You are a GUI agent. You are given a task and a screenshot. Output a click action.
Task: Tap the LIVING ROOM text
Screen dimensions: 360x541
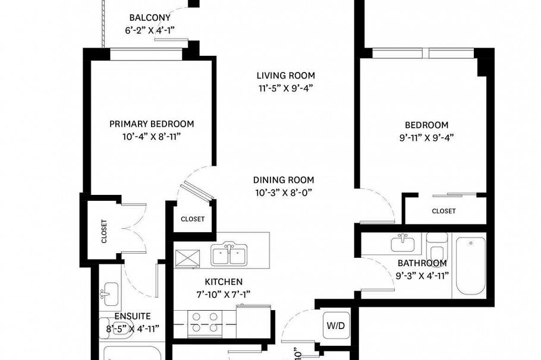(285, 75)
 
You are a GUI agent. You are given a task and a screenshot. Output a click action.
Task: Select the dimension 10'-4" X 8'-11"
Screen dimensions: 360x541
(151, 136)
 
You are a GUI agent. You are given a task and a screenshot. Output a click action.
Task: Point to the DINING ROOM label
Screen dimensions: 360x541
(284, 180)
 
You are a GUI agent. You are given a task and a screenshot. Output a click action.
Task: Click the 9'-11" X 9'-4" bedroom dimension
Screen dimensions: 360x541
(426, 137)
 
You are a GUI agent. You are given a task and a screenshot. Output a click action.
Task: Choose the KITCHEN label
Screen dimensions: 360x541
(224, 282)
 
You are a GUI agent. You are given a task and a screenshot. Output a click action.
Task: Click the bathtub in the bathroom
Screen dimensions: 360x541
(470, 267)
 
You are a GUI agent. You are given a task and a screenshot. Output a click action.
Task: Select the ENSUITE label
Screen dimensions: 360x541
(133, 316)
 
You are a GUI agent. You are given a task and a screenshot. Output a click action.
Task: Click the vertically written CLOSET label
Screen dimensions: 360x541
(104, 230)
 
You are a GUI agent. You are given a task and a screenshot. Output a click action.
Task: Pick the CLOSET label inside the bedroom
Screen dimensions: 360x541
(444, 211)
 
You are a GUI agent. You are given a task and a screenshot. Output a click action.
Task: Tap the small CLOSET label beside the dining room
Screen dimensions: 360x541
(193, 219)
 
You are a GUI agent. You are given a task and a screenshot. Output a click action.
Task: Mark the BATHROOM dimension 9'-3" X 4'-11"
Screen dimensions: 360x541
(422, 275)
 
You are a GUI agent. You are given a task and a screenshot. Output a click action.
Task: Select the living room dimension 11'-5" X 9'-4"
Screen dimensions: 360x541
(285, 88)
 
